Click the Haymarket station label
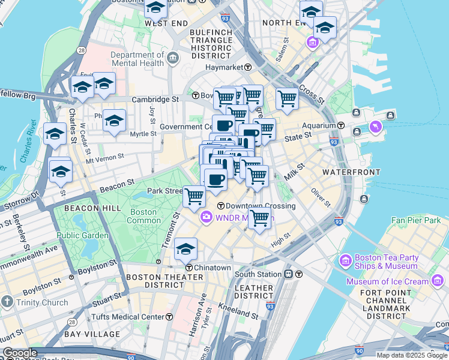[x=229, y=67]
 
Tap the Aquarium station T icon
[x=341, y=125]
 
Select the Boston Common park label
[x=143, y=216]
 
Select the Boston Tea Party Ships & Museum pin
[x=345, y=261]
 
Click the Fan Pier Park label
[x=416, y=221]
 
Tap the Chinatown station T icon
[x=189, y=268]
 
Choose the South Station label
[x=258, y=274]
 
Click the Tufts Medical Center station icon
[x=169, y=317]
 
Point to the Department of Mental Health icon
[x=173, y=58]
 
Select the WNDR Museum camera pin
[x=206, y=217]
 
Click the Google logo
[x=20, y=353]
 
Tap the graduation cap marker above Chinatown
[x=186, y=248]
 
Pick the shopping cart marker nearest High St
[x=259, y=219]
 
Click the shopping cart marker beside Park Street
[x=194, y=196]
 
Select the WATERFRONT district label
[x=351, y=172]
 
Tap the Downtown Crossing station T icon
[x=220, y=206]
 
